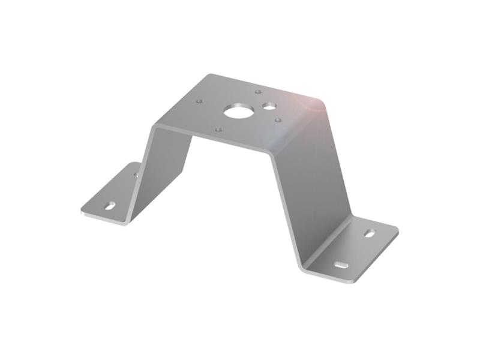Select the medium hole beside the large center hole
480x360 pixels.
(x=269, y=106)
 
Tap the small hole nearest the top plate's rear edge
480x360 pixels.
(x=257, y=92)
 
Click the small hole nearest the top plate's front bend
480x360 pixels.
(x=218, y=129)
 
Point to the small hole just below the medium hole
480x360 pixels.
(x=277, y=120)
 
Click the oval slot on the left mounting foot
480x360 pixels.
(x=110, y=206)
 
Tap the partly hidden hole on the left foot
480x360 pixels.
(x=136, y=175)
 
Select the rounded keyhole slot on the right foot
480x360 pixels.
(x=370, y=232)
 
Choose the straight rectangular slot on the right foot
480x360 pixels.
(x=341, y=265)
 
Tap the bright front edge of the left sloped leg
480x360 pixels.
(x=144, y=168)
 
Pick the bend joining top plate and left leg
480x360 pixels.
(x=157, y=126)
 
